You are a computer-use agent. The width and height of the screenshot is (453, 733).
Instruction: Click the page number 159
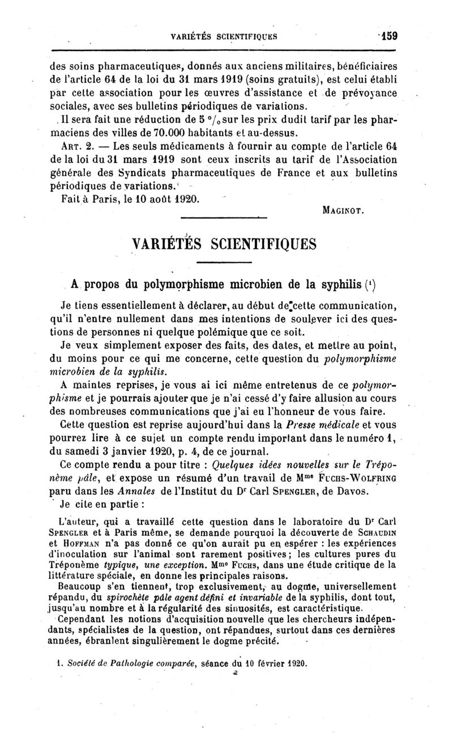click(x=389, y=35)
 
